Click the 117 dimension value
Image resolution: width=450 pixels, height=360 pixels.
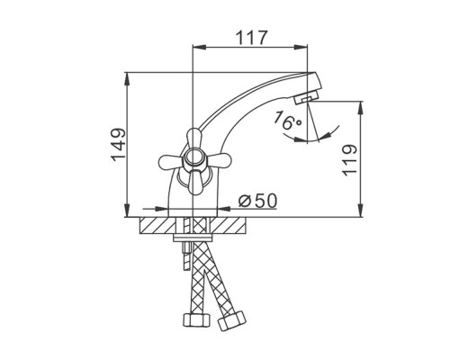[251, 38]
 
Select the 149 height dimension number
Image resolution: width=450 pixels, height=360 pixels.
[119, 145]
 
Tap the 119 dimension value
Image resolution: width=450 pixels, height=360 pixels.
[350, 160]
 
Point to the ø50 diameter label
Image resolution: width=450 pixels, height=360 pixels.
[257, 201]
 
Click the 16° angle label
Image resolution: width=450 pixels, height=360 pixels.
[287, 120]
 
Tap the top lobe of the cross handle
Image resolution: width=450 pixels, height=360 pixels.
[194, 139]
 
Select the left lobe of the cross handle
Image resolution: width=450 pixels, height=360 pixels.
[170, 162]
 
